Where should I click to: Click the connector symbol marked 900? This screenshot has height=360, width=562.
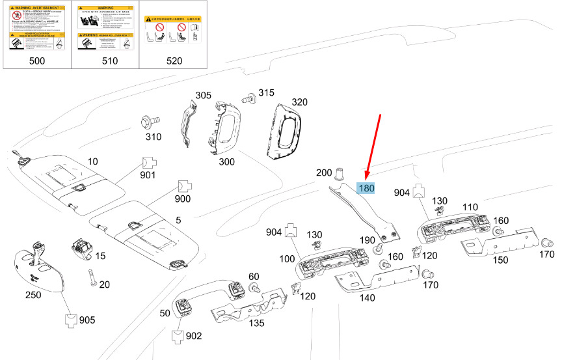(183, 187)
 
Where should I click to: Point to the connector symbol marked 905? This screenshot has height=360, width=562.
(71, 320)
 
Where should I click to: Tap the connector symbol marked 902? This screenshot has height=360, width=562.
(177, 336)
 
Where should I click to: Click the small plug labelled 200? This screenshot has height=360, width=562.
(339, 174)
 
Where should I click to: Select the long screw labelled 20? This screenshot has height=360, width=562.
(92, 277)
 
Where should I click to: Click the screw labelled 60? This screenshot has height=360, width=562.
(254, 288)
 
